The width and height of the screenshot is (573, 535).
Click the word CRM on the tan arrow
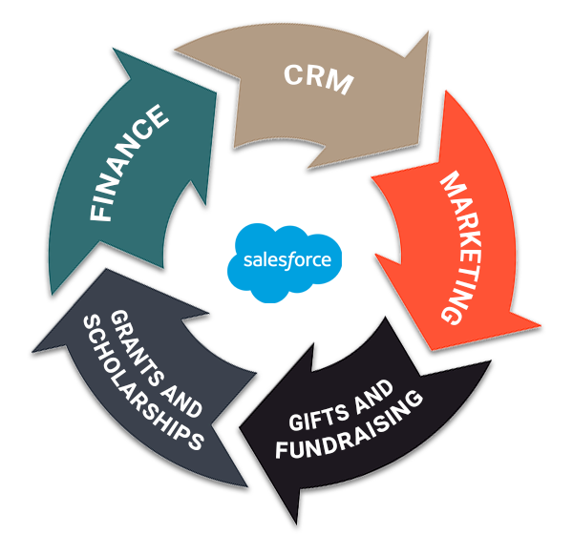pyautogui.click(x=318, y=79)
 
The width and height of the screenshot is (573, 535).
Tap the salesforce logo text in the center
pyautogui.click(x=287, y=258)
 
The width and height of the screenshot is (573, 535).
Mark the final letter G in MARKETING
pyautogui.click(x=459, y=313)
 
